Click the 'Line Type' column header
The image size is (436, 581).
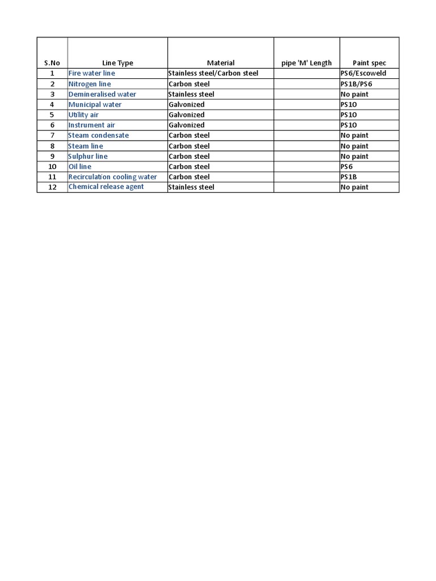[118, 63]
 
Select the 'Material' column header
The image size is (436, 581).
[220, 63]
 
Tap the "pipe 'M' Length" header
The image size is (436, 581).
[307, 63]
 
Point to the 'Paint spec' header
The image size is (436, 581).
[369, 63]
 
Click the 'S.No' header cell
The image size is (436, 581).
[52, 63]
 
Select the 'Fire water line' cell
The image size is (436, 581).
[91, 74]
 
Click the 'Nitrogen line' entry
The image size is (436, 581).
[90, 84]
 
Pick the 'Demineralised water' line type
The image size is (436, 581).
[102, 94]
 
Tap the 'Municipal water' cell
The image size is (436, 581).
[95, 104]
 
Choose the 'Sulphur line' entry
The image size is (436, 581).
[88, 156]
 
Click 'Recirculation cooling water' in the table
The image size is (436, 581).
[112, 177]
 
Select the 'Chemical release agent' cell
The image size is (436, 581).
[106, 187]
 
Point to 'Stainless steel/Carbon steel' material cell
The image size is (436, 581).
[213, 74]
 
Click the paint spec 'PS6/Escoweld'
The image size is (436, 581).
[363, 74]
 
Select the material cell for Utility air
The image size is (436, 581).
[187, 115]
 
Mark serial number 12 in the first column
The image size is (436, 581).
[52, 187]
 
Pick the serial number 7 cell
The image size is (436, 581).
[52, 136]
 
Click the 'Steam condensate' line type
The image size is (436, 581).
[99, 136]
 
